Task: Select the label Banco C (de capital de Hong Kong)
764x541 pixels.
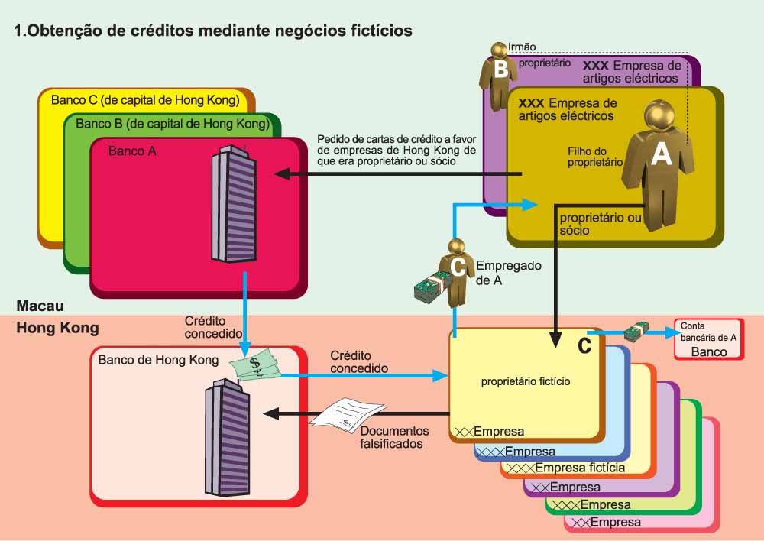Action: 145,100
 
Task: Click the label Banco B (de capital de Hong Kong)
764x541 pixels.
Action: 172,124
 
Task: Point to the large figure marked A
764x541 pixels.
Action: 659,164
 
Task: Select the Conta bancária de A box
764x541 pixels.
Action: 708,339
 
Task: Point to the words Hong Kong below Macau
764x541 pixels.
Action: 58,328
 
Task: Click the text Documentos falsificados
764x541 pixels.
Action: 391,437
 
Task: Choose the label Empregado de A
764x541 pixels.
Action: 508,273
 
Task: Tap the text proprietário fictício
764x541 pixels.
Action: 526,380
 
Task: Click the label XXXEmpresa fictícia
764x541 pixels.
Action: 566,468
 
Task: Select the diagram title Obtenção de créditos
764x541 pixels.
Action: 214,31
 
